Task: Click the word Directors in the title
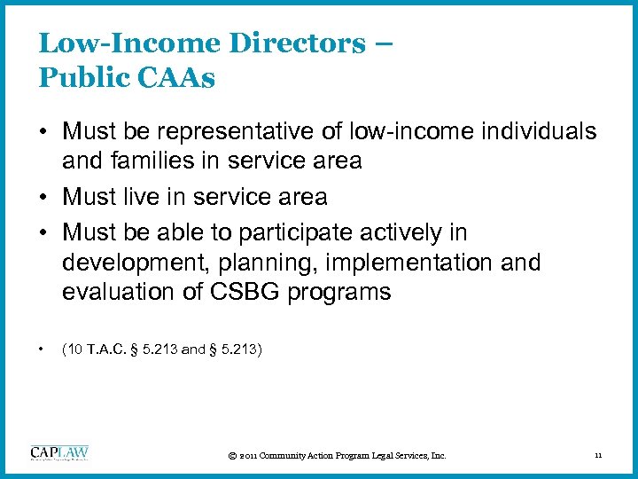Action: [284, 43]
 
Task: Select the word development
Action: [127, 263]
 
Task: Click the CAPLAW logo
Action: [59, 452]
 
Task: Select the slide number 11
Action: [598, 456]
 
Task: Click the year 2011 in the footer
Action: [251, 456]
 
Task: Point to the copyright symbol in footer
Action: [232, 456]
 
